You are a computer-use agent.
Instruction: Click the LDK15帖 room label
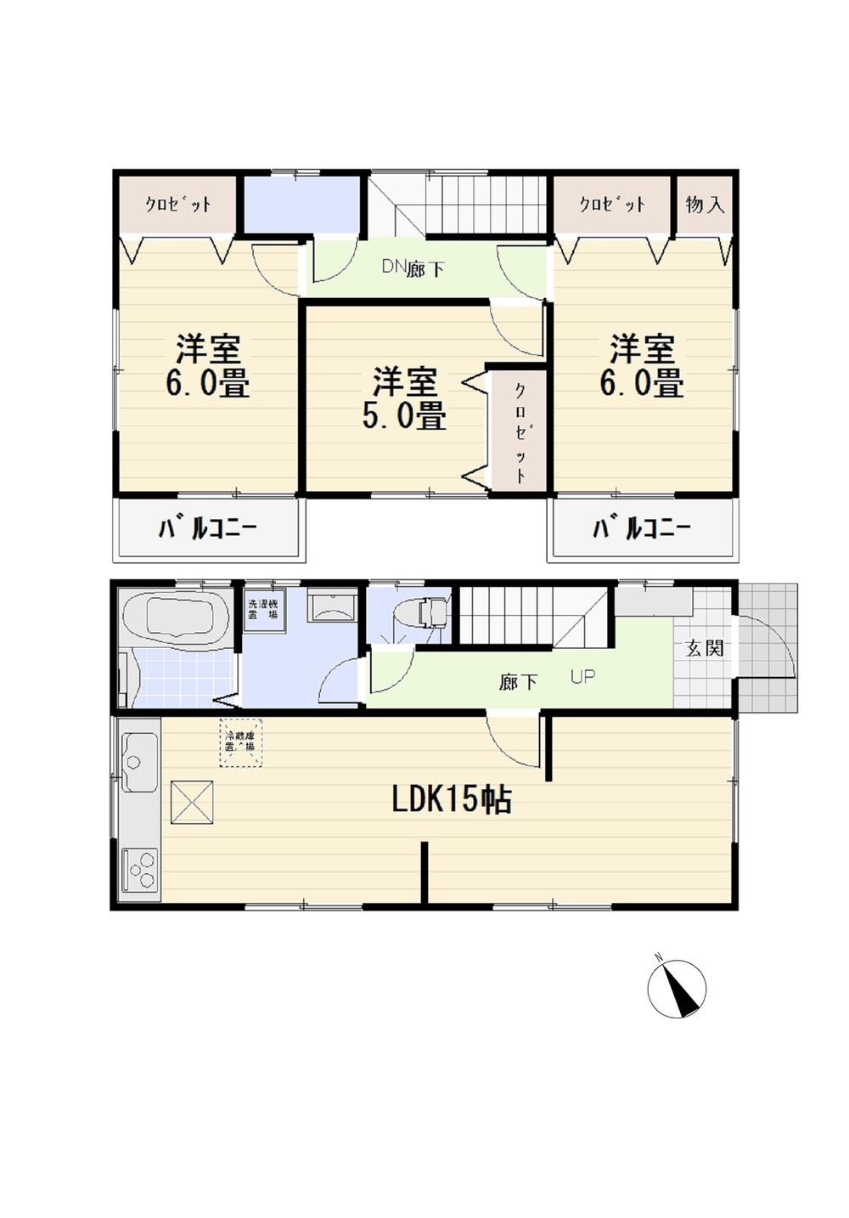(451, 799)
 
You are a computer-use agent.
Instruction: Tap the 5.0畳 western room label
(404, 398)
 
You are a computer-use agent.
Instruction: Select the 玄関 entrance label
(704, 648)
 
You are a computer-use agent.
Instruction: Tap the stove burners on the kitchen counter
(139, 870)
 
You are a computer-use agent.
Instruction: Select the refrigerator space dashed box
(240, 743)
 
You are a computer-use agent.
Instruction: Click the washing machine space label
(262, 609)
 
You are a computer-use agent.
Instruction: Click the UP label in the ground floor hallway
(582, 677)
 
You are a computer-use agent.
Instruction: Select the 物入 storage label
(705, 205)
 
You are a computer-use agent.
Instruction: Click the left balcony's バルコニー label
(207, 529)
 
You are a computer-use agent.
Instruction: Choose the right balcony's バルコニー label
(641, 529)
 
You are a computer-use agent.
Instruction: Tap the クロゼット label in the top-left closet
(177, 205)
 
